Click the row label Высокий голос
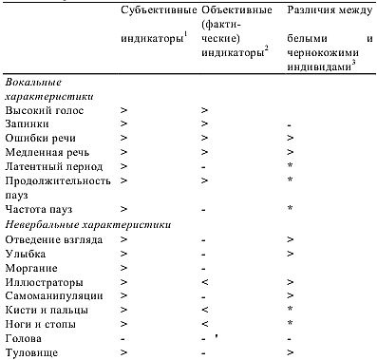(45, 111)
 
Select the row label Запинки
(29, 124)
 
